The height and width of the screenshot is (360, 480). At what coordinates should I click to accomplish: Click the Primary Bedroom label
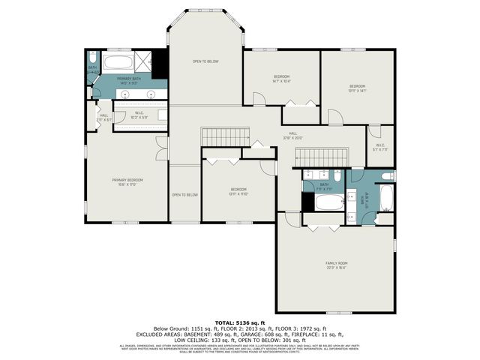click(127, 182)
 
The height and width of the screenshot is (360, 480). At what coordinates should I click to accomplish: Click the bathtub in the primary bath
click(116, 63)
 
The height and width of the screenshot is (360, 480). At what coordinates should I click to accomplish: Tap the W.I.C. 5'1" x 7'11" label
click(379, 147)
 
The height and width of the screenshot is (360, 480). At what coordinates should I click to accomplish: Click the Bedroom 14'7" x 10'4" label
click(281, 79)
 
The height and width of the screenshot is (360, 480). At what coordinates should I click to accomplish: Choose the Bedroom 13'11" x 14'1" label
click(357, 88)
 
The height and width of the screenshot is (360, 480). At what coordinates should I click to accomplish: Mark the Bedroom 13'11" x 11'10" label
click(238, 191)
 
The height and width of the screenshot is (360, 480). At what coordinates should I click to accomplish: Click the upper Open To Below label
click(205, 61)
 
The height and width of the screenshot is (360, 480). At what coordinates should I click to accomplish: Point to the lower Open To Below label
click(184, 195)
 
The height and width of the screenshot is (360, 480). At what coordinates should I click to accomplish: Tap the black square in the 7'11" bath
click(307, 202)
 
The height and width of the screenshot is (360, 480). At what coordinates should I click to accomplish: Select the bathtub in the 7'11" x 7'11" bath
click(329, 201)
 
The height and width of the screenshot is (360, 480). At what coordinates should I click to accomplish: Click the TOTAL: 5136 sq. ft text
click(239, 322)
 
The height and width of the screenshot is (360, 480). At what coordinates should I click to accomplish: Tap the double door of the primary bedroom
click(158, 148)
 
